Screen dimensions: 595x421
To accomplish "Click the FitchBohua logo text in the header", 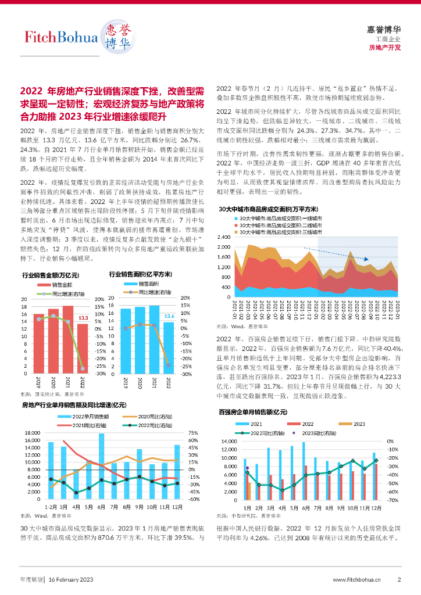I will coord(61,38).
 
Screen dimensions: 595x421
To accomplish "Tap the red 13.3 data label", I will coord(83,318).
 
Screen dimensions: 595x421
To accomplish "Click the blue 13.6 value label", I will coord(169,316).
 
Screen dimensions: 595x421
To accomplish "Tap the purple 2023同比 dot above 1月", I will coord(248,468).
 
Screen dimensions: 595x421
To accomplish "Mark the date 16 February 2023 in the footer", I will coord(70,579).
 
